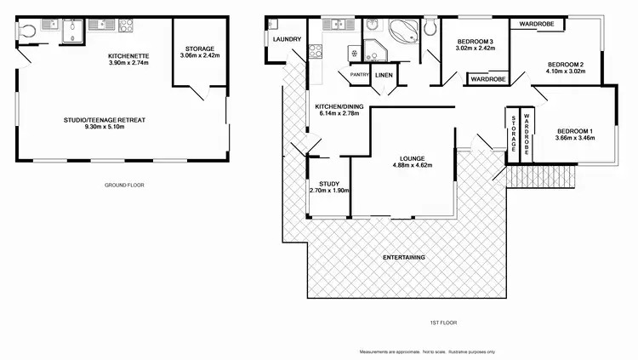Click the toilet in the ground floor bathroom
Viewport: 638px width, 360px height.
pos(26,31)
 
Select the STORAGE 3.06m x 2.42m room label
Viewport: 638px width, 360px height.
pos(200,52)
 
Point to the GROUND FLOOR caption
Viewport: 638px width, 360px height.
pos(122,185)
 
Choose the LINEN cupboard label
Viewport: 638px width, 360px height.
pos(384,76)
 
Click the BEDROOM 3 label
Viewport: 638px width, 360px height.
pos(475,43)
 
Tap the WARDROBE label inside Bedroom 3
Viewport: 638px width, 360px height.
pos(487,79)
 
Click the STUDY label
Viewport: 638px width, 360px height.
pos(328,185)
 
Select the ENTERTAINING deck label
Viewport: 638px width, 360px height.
pos(404,257)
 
